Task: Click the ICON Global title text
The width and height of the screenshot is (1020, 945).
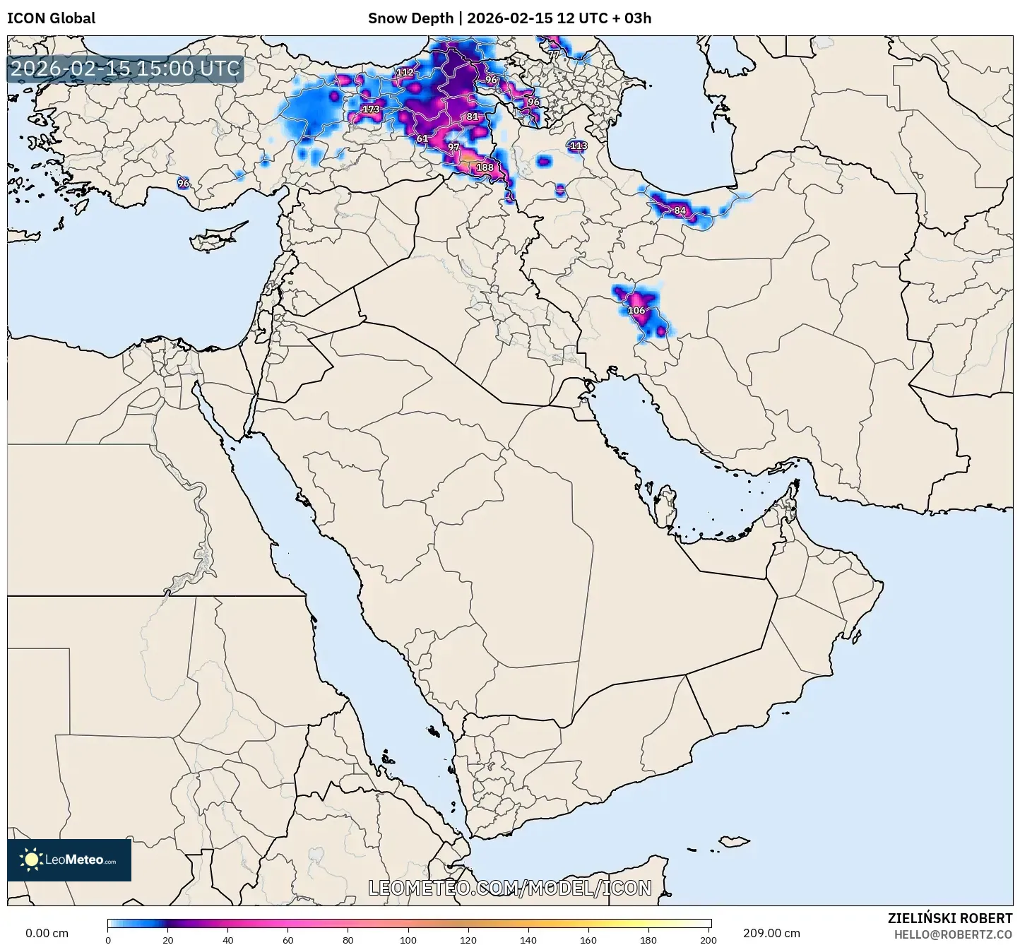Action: [51, 18]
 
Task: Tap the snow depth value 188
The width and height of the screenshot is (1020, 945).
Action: [485, 167]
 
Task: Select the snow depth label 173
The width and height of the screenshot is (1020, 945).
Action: [371, 109]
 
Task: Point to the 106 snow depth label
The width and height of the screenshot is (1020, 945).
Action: [636, 310]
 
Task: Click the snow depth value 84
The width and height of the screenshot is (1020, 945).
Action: [680, 210]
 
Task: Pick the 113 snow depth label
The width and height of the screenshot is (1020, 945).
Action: [578, 145]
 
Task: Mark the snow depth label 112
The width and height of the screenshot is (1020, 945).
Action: [405, 72]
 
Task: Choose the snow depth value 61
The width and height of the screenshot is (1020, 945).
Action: [422, 138]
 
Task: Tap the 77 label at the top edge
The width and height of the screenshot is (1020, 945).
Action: [553, 54]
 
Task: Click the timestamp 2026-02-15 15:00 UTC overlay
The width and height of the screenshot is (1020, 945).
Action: [125, 69]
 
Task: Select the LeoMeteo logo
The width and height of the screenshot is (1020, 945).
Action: [69, 860]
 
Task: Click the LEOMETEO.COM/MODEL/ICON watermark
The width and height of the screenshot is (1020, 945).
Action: [510, 888]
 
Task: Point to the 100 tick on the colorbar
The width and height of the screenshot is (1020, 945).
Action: [408, 939]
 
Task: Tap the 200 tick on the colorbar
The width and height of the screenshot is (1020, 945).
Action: [708, 939]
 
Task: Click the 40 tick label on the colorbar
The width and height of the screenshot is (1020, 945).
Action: [228, 939]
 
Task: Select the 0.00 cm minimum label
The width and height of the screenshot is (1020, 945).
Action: [47, 933]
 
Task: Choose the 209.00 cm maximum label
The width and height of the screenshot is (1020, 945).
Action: [771, 933]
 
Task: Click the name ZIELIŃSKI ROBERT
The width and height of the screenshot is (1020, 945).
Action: [950, 917]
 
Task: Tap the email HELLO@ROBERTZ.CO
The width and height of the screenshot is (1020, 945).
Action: [953, 934]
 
